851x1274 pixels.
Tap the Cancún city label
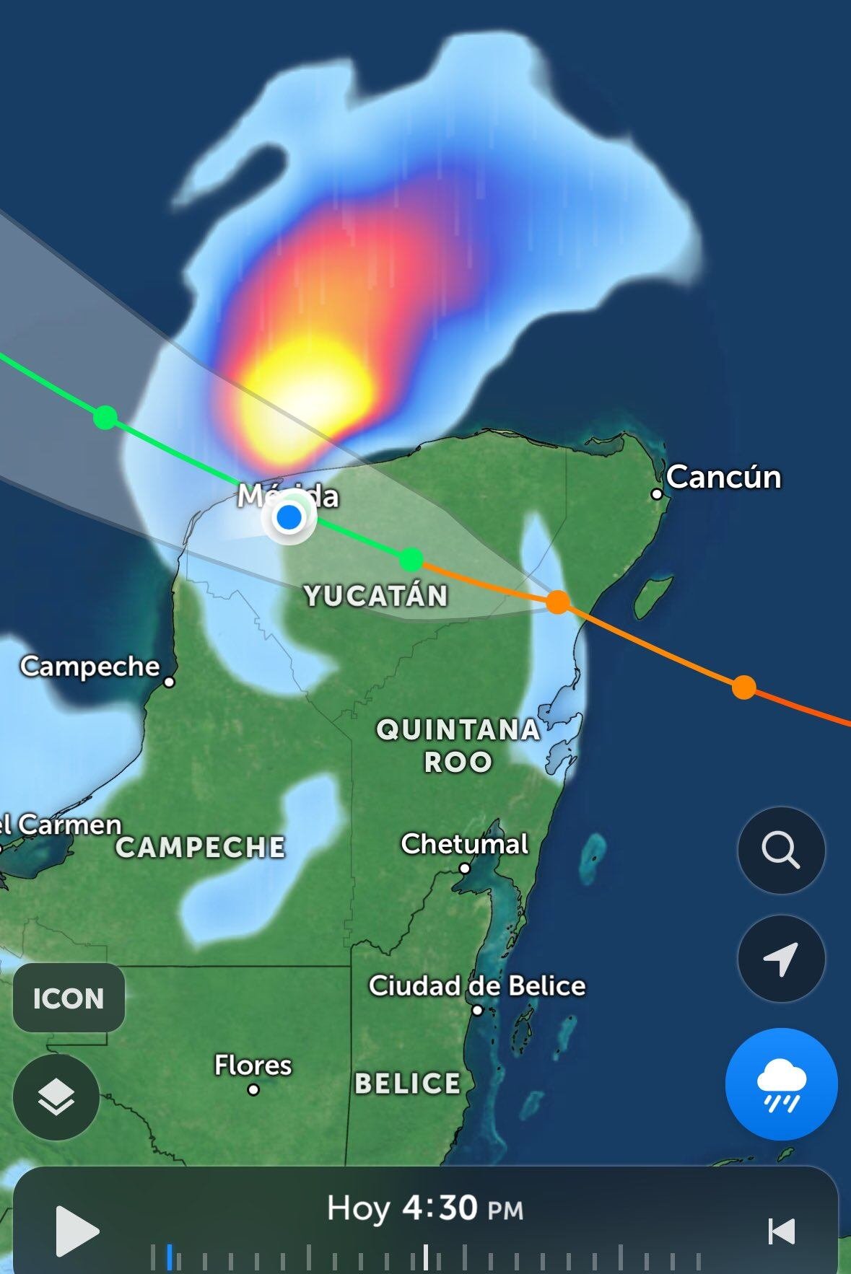coord(723,477)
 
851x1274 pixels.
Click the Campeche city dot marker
coord(169,682)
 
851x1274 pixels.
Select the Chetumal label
coord(464,843)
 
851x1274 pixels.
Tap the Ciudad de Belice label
coord(476,985)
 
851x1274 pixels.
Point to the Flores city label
coord(253,1065)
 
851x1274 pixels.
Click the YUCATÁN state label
coord(376,596)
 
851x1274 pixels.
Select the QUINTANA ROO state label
coord(458,745)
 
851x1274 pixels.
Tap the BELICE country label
coord(407,1083)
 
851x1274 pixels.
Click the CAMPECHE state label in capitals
coord(201,847)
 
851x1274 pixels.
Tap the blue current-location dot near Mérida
coord(289,517)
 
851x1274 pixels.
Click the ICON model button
coord(69,998)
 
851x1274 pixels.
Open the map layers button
coord(56,1097)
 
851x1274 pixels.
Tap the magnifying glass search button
coord(781,851)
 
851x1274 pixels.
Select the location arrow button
coord(781,959)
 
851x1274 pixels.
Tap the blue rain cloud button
coord(781,1084)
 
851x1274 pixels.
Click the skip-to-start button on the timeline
coord(782,1231)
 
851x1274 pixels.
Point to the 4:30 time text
coord(440,1208)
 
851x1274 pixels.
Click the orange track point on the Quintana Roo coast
coord(557,601)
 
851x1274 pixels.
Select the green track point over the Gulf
coord(105,417)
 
